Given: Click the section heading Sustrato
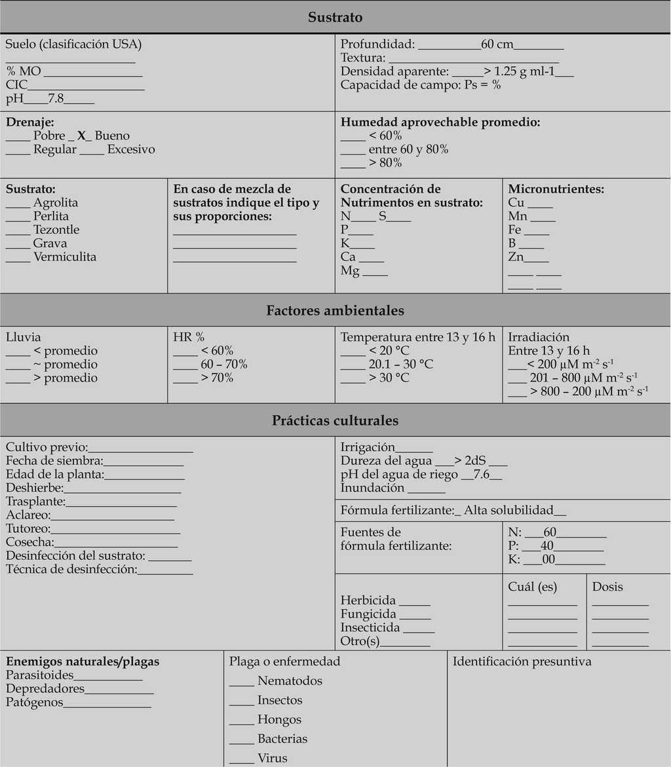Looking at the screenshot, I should tap(335, 17).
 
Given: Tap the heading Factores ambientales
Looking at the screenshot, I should tap(335, 310).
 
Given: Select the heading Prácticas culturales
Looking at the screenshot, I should tap(335, 420).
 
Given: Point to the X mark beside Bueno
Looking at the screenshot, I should tap(82, 136).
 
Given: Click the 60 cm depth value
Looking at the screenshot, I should tap(497, 45).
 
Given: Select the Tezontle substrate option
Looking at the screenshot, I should tap(56, 229).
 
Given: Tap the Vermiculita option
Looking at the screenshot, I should tap(65, 256).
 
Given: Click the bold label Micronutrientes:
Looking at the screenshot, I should tap(556, 189).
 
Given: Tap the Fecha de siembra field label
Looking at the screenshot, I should tap(54, 460).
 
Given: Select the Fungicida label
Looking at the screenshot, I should tap(368, 614).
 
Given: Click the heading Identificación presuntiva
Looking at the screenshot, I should tap(522, 661).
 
